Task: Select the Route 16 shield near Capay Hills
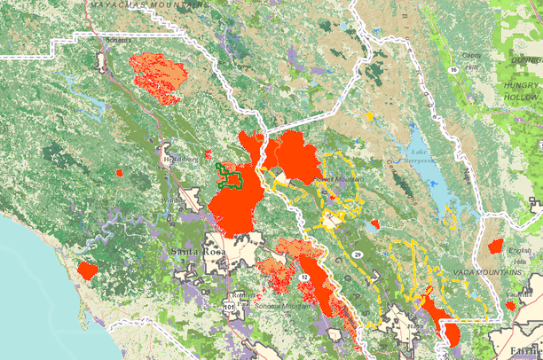(452, 67)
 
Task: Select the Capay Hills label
(469, 58)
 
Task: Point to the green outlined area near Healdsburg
(232, 176)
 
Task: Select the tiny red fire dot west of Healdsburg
(120, 171)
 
